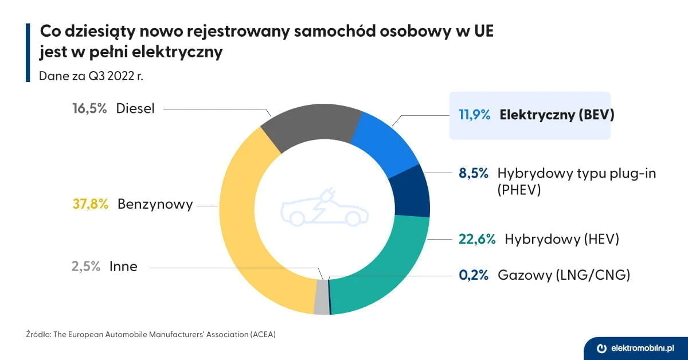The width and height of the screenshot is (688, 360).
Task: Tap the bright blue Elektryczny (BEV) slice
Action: [x=385, y=141]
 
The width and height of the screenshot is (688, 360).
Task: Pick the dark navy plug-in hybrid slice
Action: [x=412, y=190]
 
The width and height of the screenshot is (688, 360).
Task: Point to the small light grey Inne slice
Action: [x=322, y=298]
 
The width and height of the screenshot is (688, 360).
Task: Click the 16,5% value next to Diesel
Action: [x=89, y=108]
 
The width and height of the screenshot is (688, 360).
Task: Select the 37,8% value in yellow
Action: [x=91, y=204]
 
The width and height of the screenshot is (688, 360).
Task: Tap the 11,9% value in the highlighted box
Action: [x=474, y=115]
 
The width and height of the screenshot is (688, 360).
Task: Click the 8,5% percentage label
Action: [x=474, y=173]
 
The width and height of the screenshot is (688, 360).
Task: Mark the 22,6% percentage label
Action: [x=477, y=239]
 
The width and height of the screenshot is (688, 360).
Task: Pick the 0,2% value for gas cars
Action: [x=474, y=275]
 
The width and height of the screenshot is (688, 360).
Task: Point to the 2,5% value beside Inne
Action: [x=86, y=266]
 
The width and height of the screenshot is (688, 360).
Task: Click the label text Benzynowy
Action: [x=155, y=204]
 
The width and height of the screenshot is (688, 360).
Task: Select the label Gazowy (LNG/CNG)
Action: [x=564, y=275]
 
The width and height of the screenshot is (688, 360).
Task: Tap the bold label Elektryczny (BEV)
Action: [x=557, y=115]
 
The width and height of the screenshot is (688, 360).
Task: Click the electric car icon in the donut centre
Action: [x=324, y=210]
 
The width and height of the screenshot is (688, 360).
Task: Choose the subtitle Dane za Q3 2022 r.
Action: [x=91, y=76]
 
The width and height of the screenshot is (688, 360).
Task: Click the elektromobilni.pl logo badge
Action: [x=635, y=348]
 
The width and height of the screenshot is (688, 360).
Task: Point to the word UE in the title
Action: [x=479, y=32]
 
